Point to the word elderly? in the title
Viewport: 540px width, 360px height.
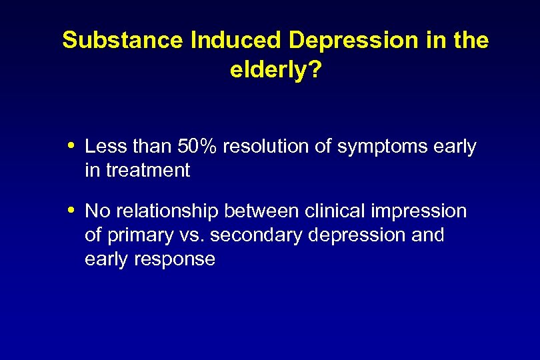tap(275, 70)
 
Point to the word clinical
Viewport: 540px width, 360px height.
tap(332, 211)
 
